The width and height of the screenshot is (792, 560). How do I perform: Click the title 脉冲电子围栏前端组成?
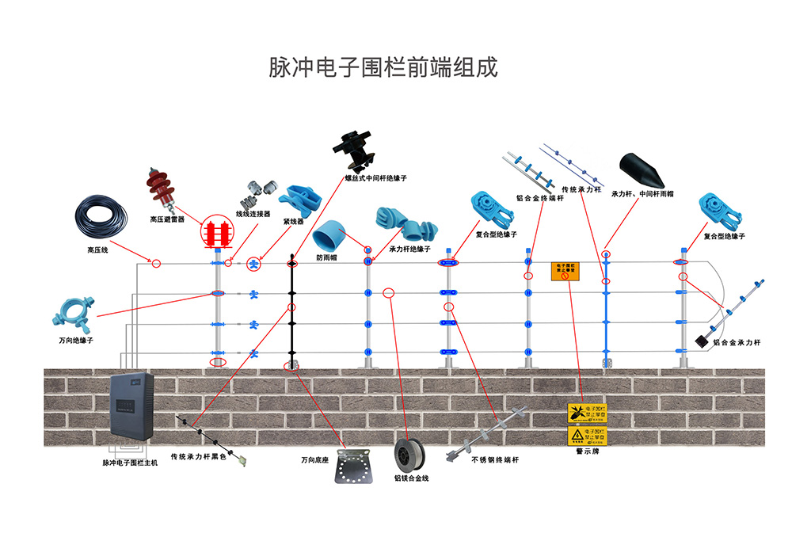tap(384, 67)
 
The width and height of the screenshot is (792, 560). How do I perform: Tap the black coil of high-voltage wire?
tap(100, 215)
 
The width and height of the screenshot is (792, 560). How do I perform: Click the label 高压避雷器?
tap(167, 219)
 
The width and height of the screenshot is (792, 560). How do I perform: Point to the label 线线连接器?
tap(253, 214)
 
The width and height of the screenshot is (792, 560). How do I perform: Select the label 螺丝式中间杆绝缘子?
tap(375, 179)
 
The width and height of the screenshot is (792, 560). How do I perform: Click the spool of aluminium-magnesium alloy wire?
tap(412, 455)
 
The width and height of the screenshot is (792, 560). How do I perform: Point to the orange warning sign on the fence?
tap(568, 272)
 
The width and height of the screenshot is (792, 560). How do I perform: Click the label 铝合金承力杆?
tap(737, 343)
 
